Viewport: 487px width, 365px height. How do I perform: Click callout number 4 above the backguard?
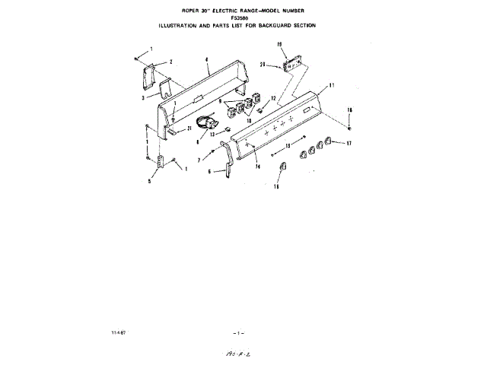[207, 59]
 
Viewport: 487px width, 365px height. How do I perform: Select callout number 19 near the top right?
[279, 46]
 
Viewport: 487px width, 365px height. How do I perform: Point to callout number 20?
[263, 64]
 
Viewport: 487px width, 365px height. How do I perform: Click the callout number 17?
[349, 143]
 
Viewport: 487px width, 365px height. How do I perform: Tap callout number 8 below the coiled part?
[198, 141]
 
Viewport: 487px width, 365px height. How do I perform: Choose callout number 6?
[209, 172]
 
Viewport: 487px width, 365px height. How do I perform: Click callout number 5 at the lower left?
[149, 181]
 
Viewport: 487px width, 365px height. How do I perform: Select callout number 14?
[258, 165]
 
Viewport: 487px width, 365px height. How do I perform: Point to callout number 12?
[272, 99]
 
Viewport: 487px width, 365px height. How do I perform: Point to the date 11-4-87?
[118, 332]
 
